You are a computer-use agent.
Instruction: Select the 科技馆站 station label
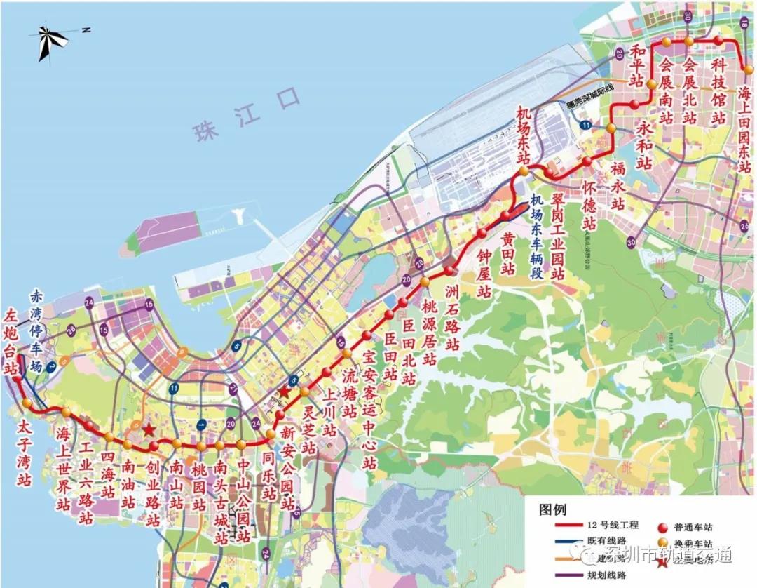(x=718, y=92)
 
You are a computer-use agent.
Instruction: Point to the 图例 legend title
(x=552, y=509)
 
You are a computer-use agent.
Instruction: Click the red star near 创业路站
(x=149, y=429)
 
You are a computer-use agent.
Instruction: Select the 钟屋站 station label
(x=484, y=273)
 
